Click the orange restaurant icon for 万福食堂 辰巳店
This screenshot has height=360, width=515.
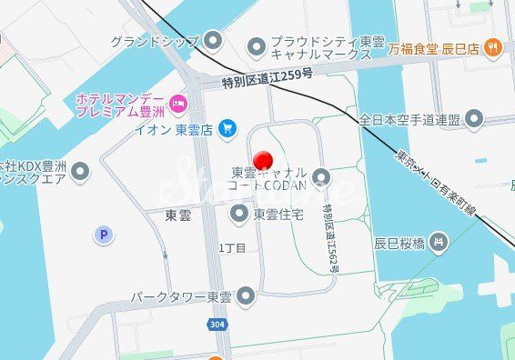[492, 46]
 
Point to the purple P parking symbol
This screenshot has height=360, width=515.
[104, 235]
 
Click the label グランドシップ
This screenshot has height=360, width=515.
[155, 41]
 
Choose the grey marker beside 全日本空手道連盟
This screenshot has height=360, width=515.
[474, 119]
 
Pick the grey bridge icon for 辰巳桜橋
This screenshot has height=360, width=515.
[439, 242]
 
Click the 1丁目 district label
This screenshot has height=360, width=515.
[232, 247]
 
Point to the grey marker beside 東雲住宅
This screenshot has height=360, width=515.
[239, 214]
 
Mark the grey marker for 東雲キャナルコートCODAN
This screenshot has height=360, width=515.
[320, 176]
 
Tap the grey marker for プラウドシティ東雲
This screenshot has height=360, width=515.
[257, 45]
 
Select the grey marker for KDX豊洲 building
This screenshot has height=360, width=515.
[80, 170]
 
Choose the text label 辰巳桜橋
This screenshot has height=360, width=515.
[399, 243]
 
